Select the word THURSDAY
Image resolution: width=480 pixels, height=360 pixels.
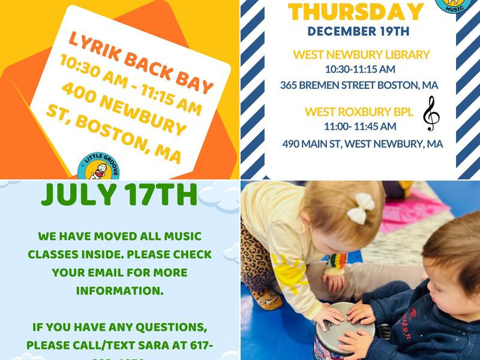click(x=356, y=11)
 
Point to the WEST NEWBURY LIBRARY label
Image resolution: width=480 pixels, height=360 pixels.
click(x=361, y=55)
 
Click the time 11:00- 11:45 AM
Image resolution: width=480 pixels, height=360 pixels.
click(x=360, y=126)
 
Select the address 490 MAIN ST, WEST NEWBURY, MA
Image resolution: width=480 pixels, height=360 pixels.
click(x=362, y=144)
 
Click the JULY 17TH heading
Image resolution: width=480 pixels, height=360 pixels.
click(x=120, y=196)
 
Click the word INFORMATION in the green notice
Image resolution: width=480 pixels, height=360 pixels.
click(x=119, y=290)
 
